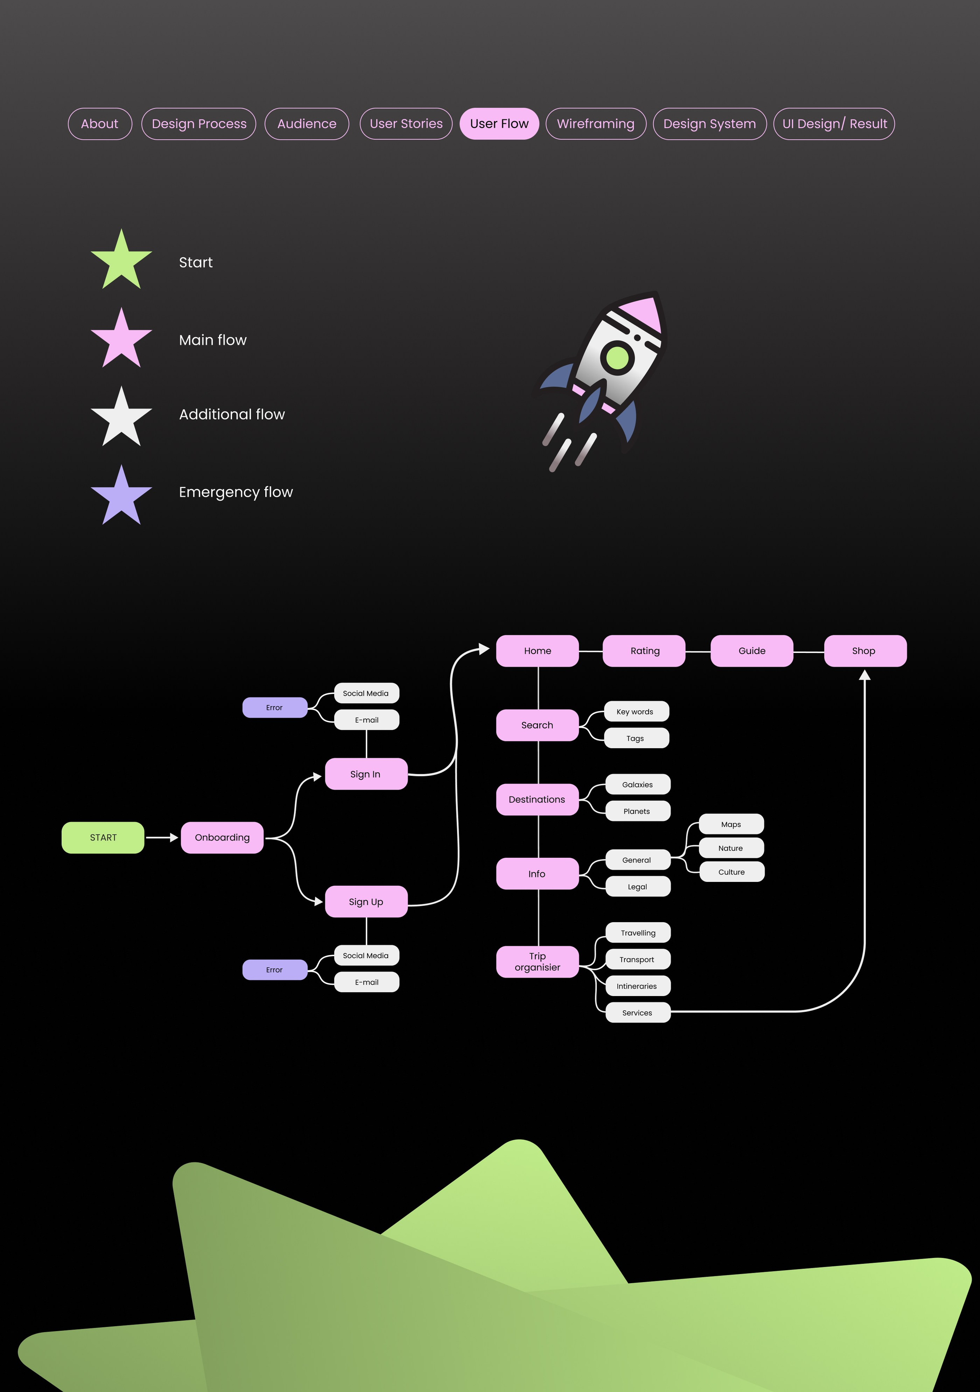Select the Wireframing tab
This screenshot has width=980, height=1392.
595,124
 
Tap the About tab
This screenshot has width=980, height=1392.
100,124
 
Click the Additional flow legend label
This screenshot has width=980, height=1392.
232,414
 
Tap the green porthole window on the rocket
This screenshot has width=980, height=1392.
617,357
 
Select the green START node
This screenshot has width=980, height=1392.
103,837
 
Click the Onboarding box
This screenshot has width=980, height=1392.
222,837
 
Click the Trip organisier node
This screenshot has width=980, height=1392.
537,962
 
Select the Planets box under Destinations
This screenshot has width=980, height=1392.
637,811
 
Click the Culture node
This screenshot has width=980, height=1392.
732,872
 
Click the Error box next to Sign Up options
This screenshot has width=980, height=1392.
274,970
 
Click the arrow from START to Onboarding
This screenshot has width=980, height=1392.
161,837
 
